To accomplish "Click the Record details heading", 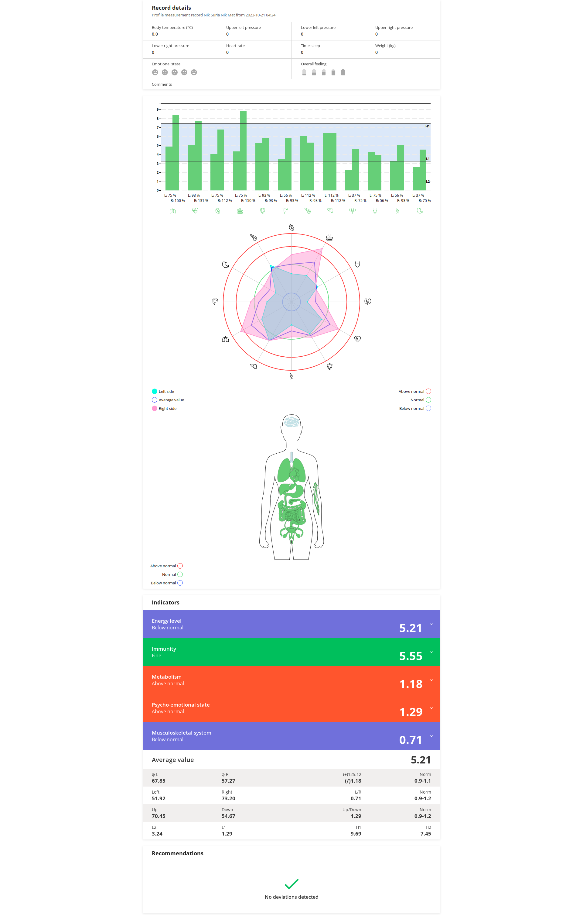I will point(171,8).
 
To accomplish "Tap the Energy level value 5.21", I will point(410,628).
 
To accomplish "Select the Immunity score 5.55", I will point(410,656).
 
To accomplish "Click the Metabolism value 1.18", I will point(411,684).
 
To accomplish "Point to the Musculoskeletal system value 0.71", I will point(410,740).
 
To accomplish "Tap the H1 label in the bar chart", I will point(427,126).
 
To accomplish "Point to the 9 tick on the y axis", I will point(157,109).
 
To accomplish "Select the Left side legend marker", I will point(155,391).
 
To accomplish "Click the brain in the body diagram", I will point(291,422).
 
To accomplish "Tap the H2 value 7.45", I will point(425,833).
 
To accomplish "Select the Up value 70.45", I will point(158,816).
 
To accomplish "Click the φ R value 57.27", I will point(228,780).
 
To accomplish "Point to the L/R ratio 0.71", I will point(355,798).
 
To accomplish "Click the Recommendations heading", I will point(177,853).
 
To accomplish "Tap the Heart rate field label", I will point(235,46).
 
